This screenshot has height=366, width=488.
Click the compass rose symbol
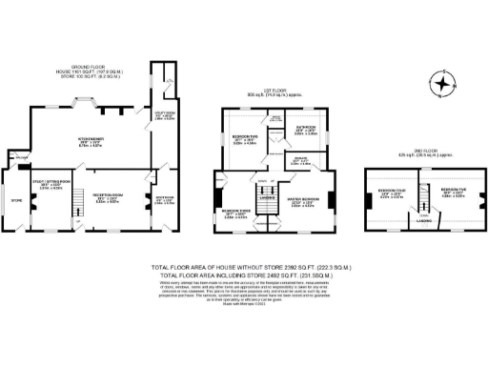[x=442, y=84]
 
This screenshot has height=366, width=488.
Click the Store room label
[x=15, y=201]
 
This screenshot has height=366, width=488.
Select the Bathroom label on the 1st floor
[x=305, y=129]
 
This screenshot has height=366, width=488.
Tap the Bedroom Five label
[x=453, y=193]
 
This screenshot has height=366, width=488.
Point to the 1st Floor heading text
[x=274, y=92]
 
